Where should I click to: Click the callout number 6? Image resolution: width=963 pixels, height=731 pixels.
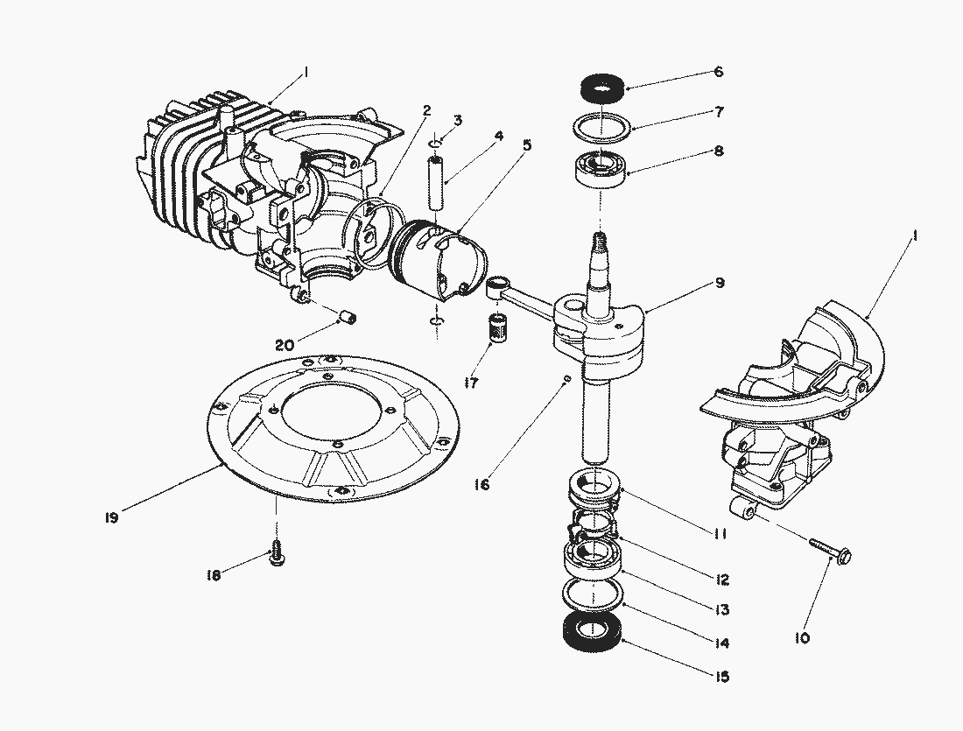pyautogui.click(x=718, y=73)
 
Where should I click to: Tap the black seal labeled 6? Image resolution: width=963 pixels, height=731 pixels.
pyautogui.click(x=601, y=89)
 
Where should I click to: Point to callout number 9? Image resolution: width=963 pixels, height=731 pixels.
pyautogui.click(x=718, y=284)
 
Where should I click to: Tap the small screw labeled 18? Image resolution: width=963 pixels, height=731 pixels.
pyautogui.click(x=278, y=552)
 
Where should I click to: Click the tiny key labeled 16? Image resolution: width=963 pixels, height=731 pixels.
pyautogui.click(x=567, y=378)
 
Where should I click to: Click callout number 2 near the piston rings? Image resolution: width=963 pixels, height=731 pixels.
pyautogui.click(x=426, y=110)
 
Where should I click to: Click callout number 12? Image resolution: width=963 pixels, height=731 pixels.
pyautogui.click(x=720, y=580)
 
